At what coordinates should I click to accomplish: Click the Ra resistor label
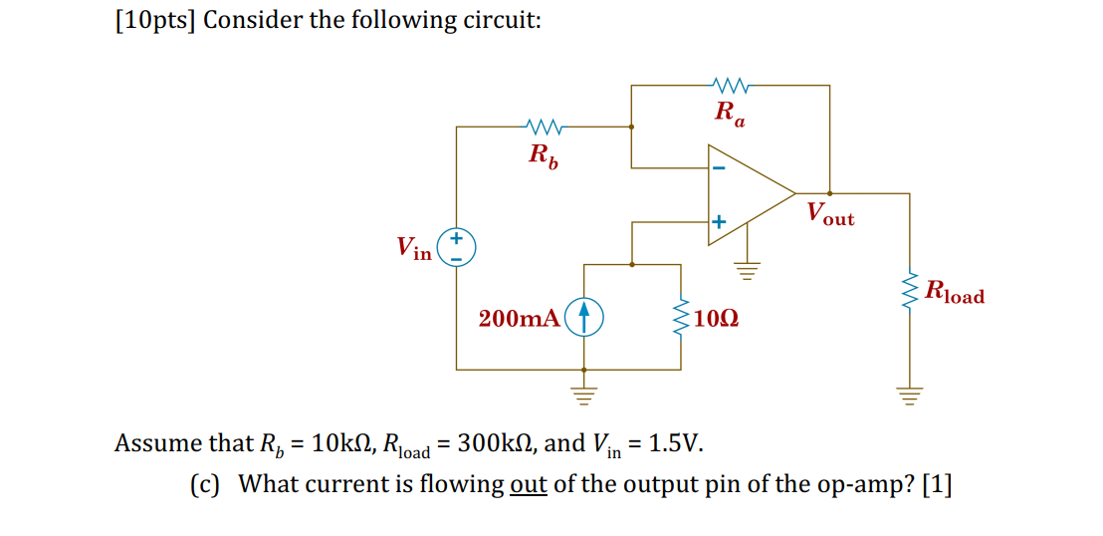point(729,114)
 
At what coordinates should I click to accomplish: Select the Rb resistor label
point(543,155)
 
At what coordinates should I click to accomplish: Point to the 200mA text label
point(518,319)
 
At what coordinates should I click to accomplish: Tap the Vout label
point(830,213)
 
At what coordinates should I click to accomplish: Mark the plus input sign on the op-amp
point(719,220)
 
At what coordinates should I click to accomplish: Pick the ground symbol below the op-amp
point(748,267)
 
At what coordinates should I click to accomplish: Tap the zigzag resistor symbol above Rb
point(544,127)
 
